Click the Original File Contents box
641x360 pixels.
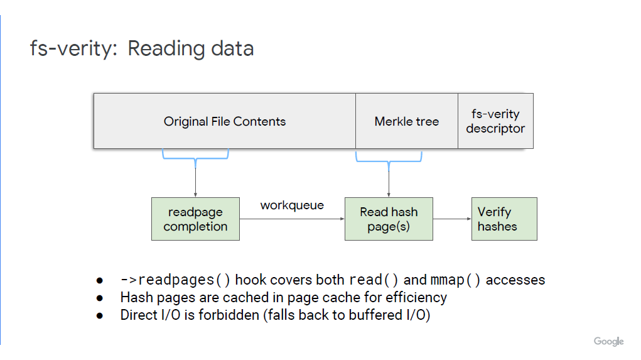click(224, 121)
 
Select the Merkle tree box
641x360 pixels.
click(407, 121)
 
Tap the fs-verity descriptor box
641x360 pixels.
click(495, 121)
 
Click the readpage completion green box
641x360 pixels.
click(195, 219)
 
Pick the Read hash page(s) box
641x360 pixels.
click(389, 219)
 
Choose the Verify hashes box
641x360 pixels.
click(505, 219)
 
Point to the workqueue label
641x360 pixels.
click(292, 205)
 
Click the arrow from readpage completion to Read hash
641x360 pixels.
click(293, 219)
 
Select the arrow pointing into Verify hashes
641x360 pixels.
click(452, 219)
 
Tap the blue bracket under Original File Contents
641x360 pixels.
click(195, 158)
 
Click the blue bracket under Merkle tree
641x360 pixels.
click(389, 161)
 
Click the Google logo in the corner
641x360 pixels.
click(609, 341)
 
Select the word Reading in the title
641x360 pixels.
click(168, 49)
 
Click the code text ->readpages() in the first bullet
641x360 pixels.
click(175, 280)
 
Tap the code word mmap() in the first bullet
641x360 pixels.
click(455, 280)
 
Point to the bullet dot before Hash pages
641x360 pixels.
click(100, 298)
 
